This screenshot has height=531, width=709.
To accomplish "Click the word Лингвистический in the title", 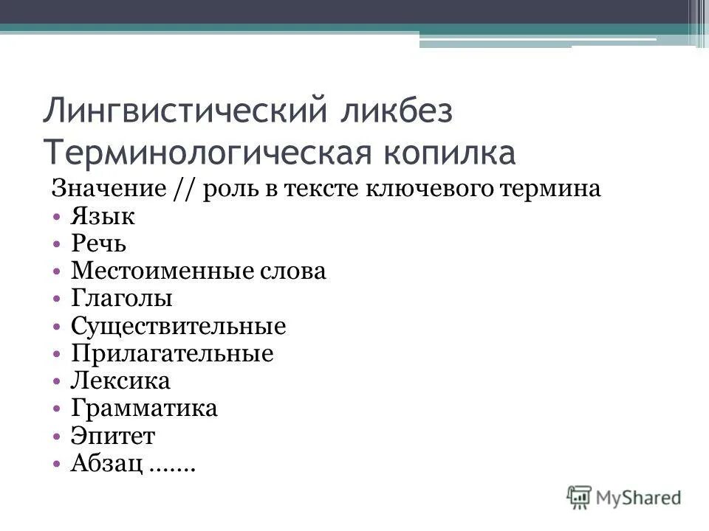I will (x=184, y=111).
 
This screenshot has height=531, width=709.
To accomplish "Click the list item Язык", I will (x=103, y=217).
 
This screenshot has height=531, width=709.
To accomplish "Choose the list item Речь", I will (x=102, y=244).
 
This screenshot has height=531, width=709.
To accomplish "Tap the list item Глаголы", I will (x=122, y=299).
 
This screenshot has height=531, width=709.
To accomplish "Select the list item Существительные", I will (x=178, y=326).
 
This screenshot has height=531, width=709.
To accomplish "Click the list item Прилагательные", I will (x=172, y=353).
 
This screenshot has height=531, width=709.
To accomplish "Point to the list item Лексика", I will (x=120, y=381).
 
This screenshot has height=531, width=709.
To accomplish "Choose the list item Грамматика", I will (x=144, y=408).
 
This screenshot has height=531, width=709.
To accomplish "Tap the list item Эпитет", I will (x=113, y=436).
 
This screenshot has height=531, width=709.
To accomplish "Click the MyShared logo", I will (x=624, y=496).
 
